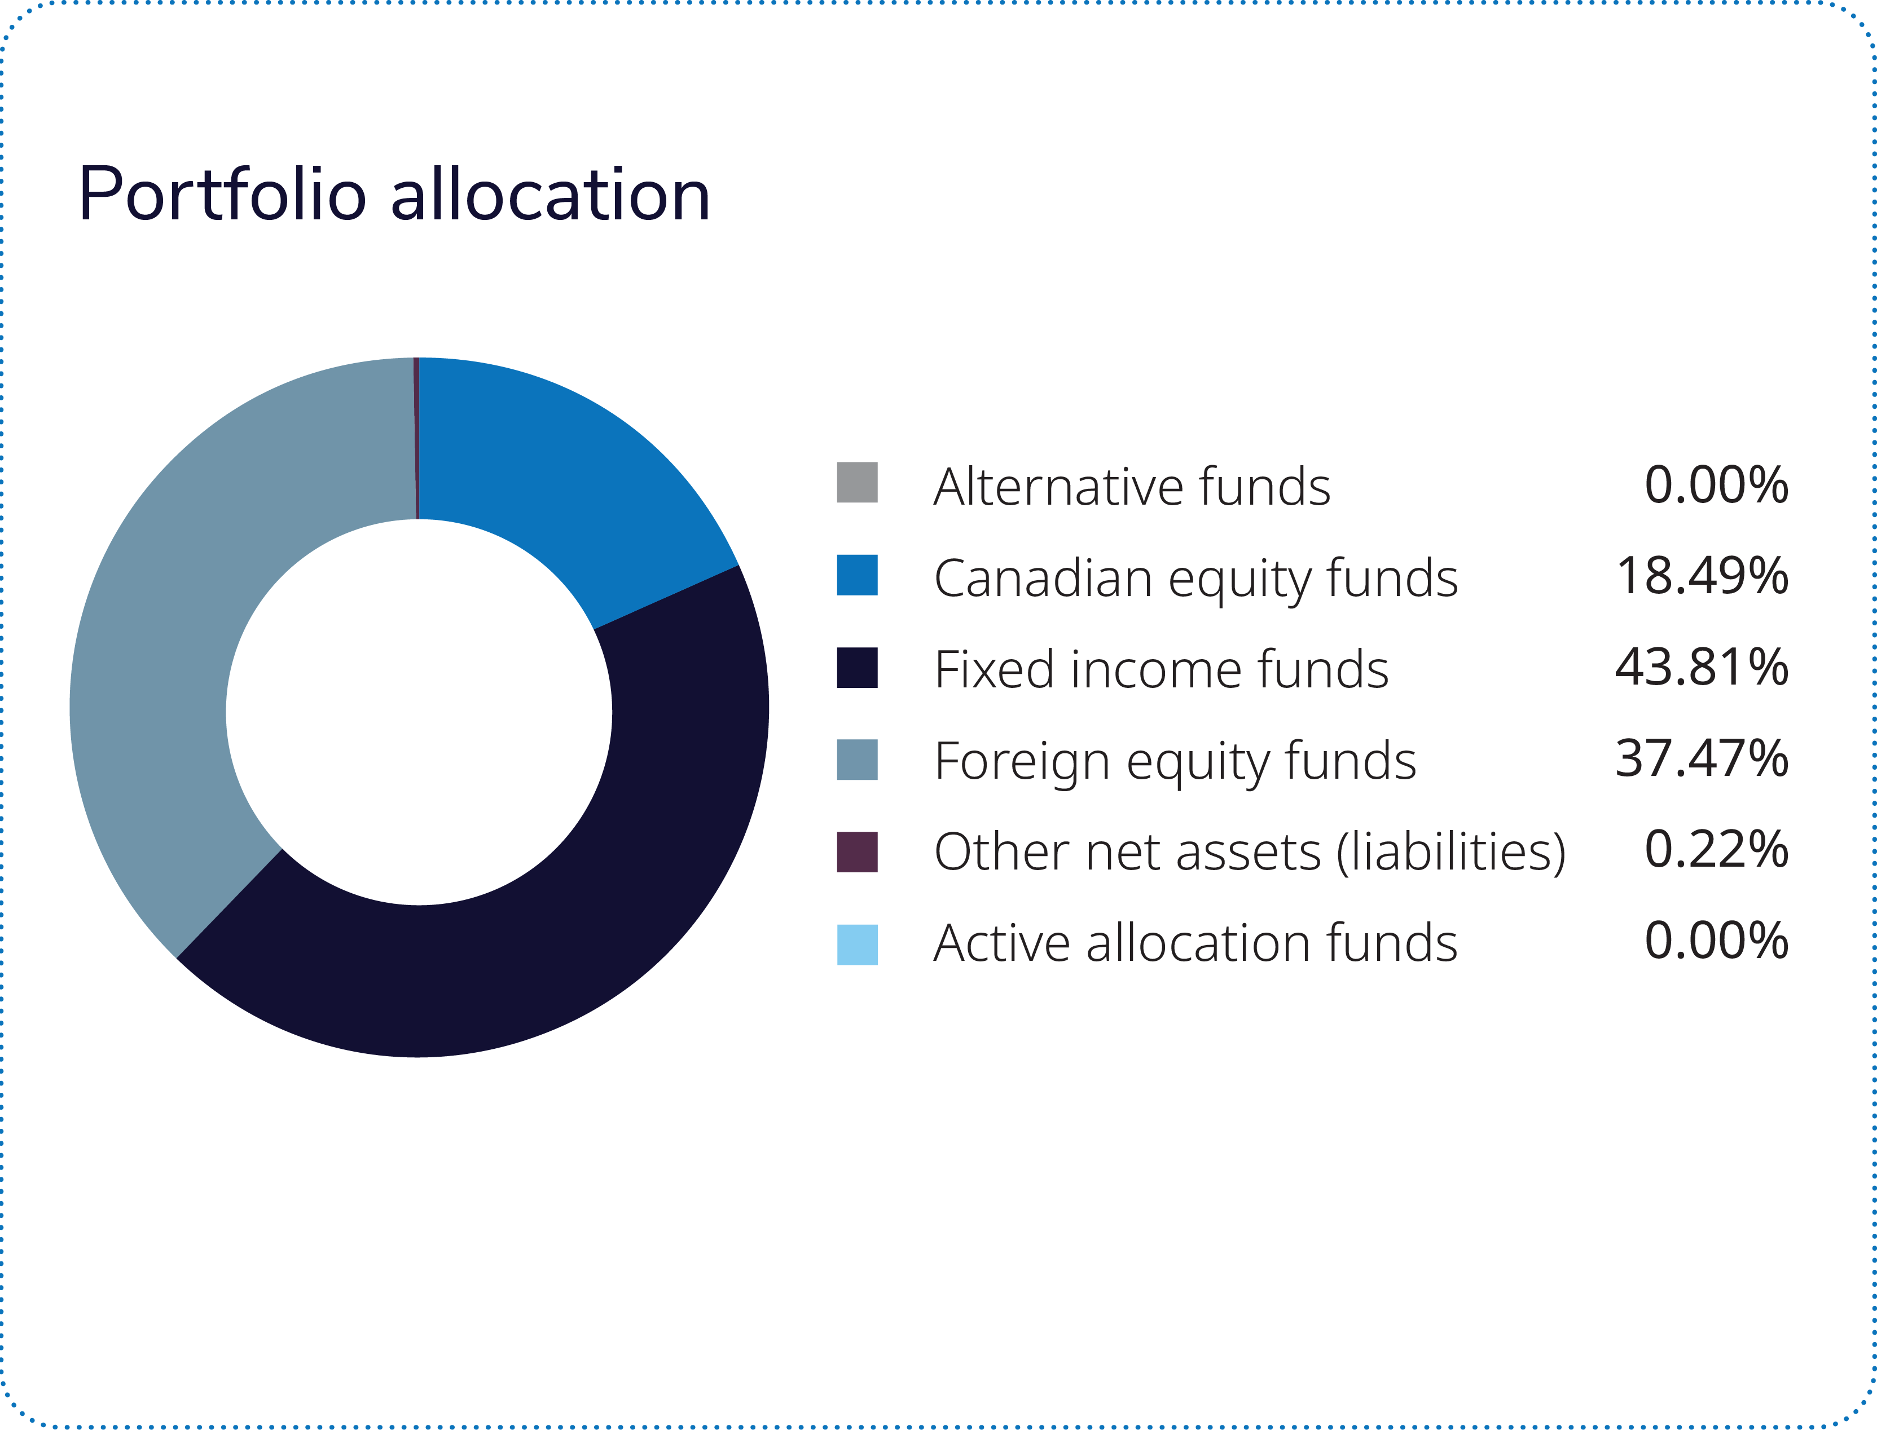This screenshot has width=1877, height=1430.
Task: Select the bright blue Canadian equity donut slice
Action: pos(562,476)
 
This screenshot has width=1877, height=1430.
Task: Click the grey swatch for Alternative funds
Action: pos(857,483)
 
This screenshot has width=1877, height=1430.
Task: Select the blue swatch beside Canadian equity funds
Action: pos(857,575)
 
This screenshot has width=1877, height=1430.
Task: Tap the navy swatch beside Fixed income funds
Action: pos(857,667)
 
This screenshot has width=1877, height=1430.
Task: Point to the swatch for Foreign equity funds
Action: pos(857,759)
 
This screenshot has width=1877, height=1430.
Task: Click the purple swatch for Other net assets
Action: pos(857,852)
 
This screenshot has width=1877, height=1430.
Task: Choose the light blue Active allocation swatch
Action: pos(857,944)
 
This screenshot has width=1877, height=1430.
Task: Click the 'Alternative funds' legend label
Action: pos(1131,487)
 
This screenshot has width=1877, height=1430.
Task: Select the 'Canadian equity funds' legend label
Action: pos(1195,579)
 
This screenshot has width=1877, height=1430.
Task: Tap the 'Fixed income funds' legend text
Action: pos(1161,670)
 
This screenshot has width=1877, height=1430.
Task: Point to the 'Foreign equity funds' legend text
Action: pos(1175,762)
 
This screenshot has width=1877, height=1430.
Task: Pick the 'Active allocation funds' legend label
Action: pos(1195,944)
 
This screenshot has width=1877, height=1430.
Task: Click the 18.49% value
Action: pos(1702,576)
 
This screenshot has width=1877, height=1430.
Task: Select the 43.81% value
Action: pos(1702,667)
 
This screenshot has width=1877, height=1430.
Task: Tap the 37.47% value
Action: pos(1702,758)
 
